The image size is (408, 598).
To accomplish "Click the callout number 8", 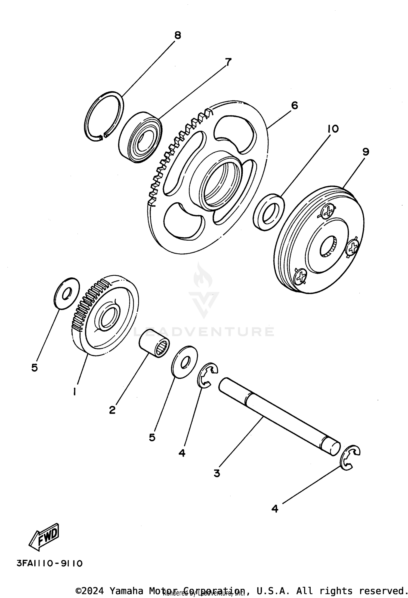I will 177,35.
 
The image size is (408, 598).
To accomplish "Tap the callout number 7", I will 228,62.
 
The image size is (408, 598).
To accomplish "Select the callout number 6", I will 294,105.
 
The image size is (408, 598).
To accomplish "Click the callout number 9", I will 365,152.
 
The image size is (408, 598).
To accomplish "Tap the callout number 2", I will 112,409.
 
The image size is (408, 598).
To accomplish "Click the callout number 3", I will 217,473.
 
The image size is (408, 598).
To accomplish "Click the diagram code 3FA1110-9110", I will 50,563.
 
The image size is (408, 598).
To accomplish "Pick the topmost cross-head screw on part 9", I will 328,211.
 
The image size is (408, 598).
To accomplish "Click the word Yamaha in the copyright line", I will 126,591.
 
